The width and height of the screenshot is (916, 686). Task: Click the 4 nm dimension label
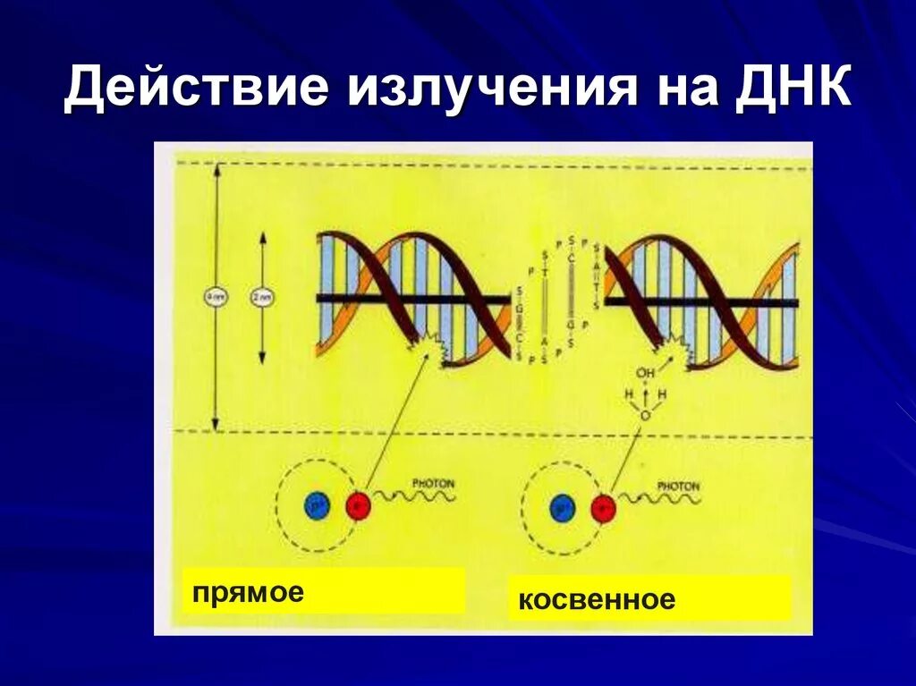click(x=215, y=298)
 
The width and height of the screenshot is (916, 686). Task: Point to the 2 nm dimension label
click(x=262, y=298)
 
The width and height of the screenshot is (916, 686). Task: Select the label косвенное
click(x=597, y=599)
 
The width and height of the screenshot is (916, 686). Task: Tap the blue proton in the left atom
click(x=317, y=506)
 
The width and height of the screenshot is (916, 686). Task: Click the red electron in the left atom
click(x=358, y=506)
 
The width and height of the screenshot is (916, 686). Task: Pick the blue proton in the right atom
click(x=563, y=508)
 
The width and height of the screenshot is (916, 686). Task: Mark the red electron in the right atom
click(x=604, y=508)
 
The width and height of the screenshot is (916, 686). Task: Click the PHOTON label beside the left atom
click(x=433, y=483)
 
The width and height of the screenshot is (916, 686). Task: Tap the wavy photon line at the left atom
click(x=411, y=497)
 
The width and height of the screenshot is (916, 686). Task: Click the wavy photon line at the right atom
click(x=657, y=499)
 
